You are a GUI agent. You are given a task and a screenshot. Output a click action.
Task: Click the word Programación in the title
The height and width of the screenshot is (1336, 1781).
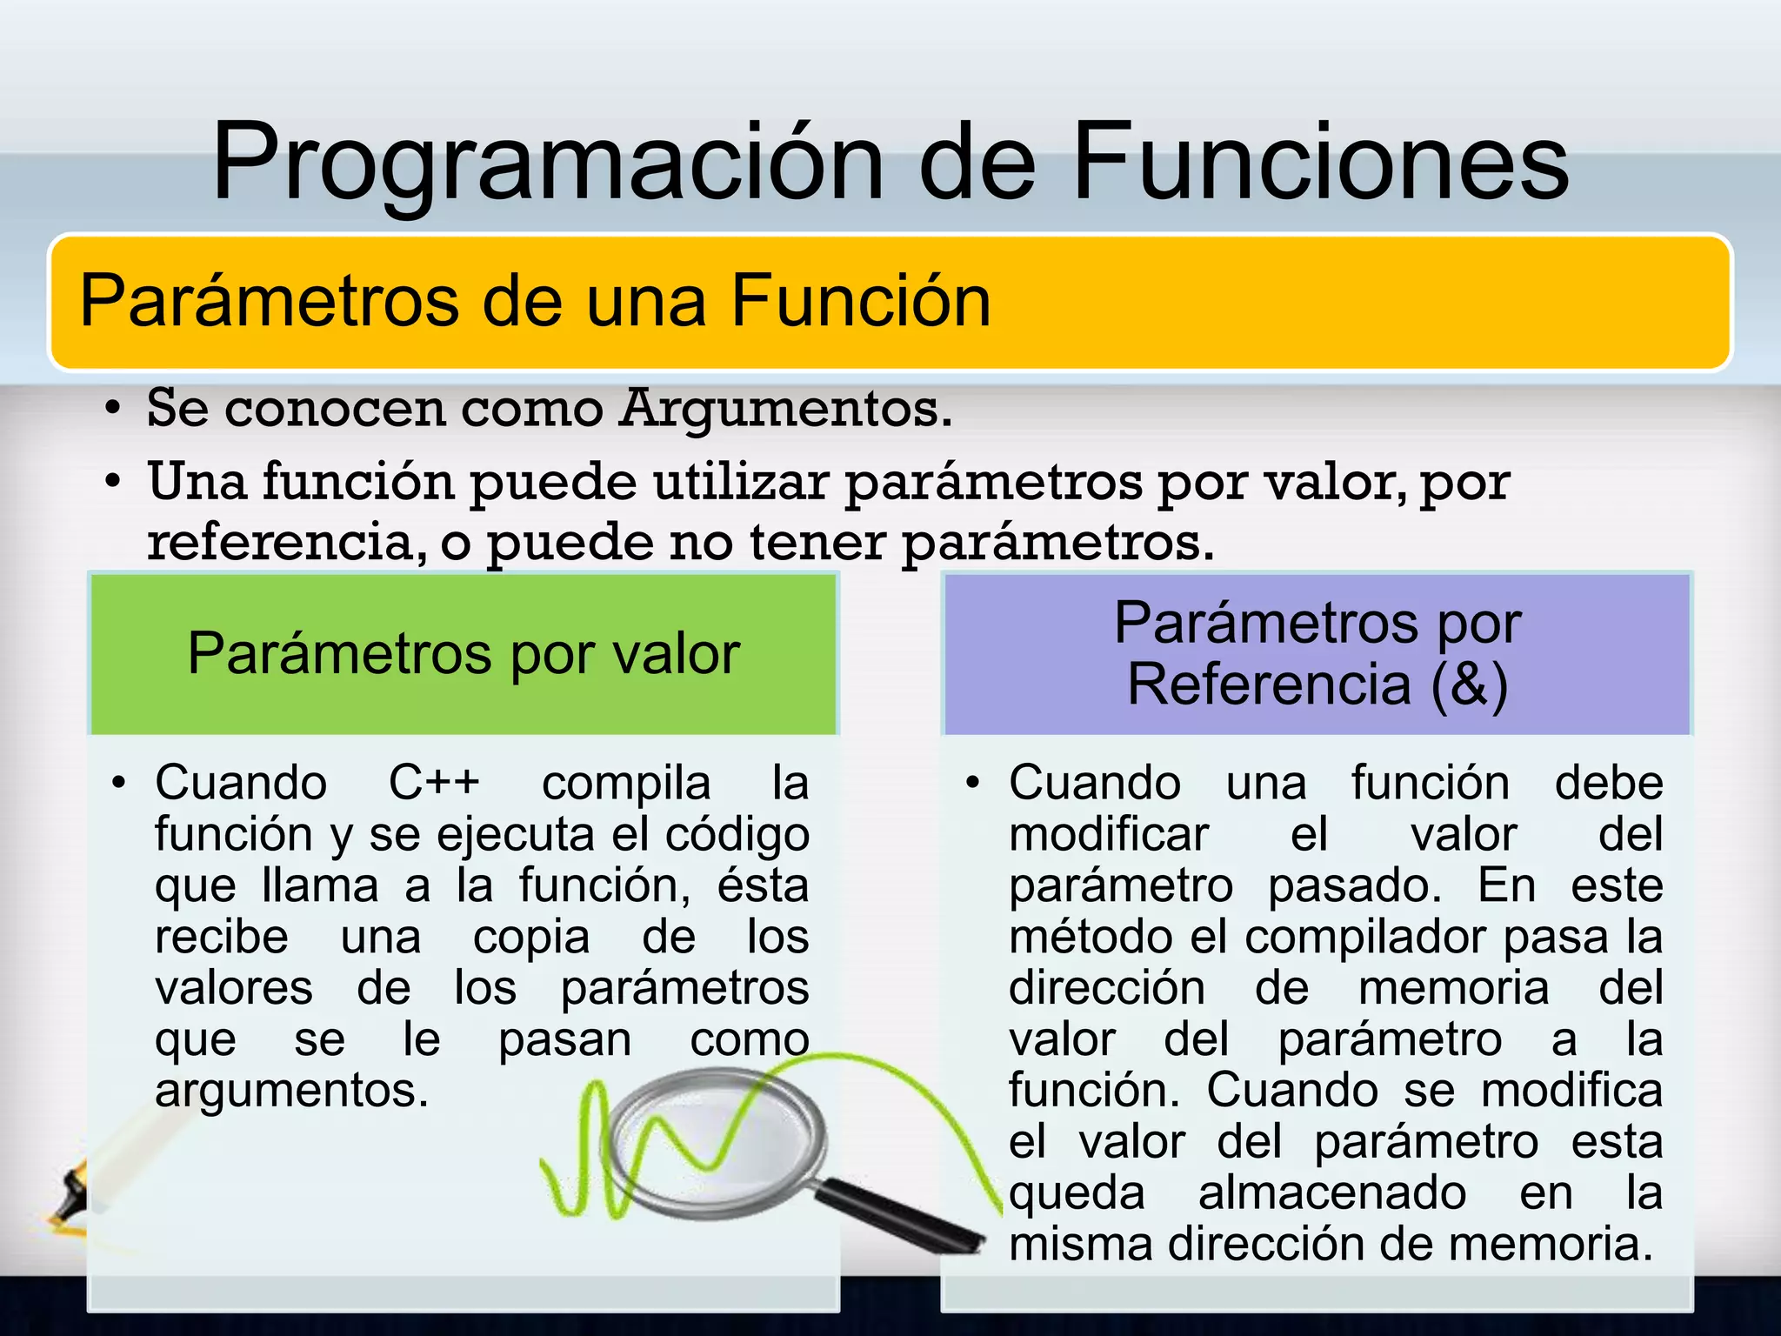pos(548,164)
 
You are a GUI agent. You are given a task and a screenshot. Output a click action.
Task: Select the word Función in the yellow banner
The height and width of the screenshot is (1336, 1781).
pos(860,301)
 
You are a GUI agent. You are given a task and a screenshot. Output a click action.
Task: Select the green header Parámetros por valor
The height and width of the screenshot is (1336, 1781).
pos(464,654)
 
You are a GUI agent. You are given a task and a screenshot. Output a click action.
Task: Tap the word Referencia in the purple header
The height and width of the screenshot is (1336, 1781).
pos(1269,685)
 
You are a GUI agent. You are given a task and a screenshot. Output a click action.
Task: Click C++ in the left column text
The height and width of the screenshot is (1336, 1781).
pos(434,782)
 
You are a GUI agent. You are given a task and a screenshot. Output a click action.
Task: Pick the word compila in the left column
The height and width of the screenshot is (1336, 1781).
pos(626,784)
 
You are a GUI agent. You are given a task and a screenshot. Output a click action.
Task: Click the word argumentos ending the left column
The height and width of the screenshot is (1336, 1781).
pos(291,1091)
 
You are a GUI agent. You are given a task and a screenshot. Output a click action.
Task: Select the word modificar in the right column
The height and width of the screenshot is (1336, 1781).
pos(1109,835)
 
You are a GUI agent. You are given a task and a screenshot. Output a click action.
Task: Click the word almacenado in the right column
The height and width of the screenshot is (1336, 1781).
pos(1331,1193)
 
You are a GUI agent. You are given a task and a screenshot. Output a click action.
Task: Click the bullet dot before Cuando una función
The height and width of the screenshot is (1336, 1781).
pos(973,783)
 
